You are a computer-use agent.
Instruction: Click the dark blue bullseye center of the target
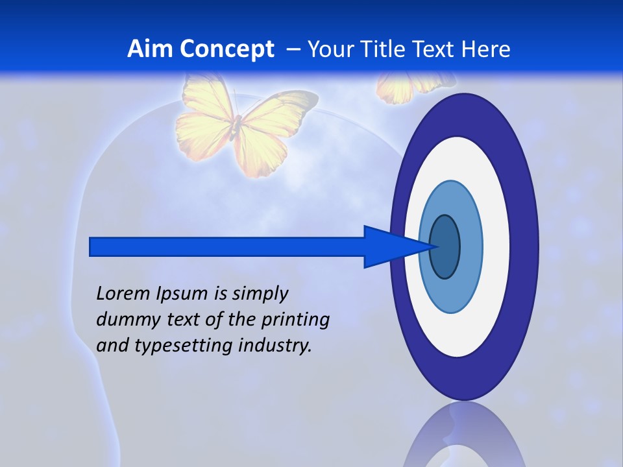click(x=445, y=246)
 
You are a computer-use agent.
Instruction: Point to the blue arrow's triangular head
click(x=389, y=246)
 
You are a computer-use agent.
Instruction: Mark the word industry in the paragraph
click(x=275, y=346)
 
